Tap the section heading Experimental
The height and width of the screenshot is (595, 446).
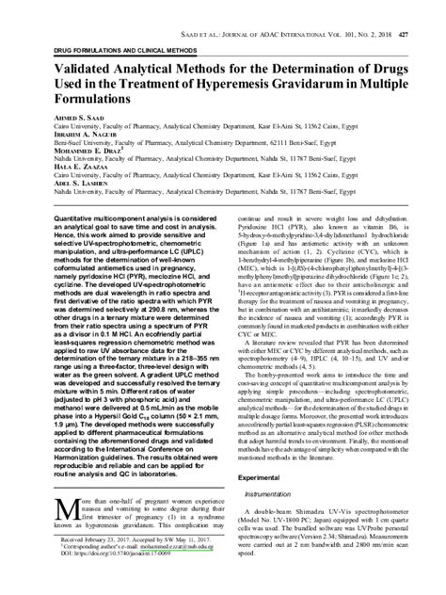pos(260,478)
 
